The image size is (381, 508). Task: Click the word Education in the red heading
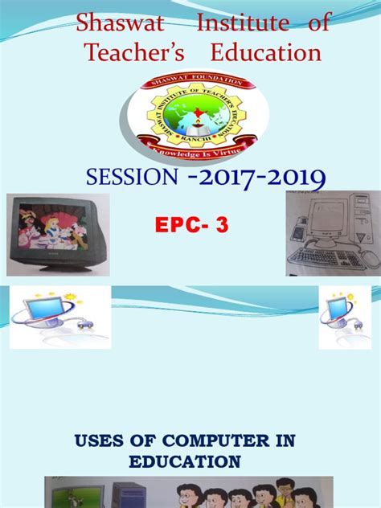[x=266, y=53]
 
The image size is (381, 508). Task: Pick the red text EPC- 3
[x=191, y=227]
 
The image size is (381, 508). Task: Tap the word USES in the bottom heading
[x=100, y=440]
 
